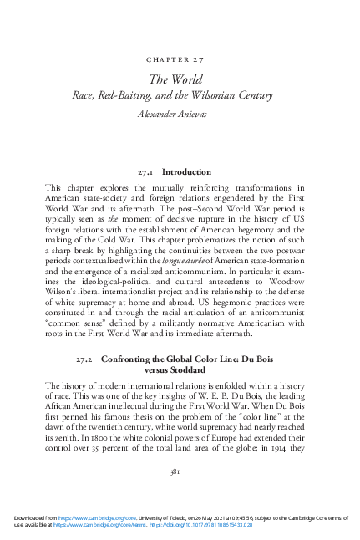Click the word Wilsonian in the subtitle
click(222, 95)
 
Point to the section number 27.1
click(147, 171)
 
